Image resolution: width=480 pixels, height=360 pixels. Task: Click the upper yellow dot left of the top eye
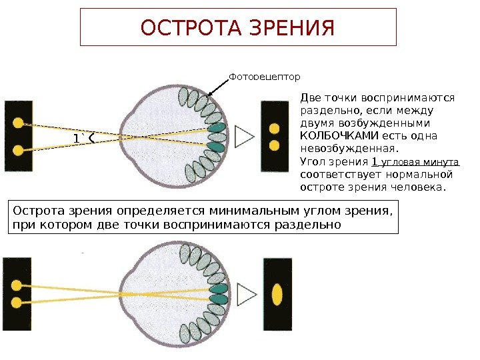(x=19, y=123)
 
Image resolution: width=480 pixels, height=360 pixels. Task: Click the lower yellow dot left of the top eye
(x=19, y=149)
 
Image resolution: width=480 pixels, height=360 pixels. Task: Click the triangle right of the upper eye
(x=245, y=136)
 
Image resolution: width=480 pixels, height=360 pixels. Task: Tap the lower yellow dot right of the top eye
(x=273, y=144)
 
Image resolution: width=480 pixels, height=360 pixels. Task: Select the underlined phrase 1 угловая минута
(x=415, y=162)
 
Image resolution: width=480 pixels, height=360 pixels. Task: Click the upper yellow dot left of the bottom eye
(x=15, y=282)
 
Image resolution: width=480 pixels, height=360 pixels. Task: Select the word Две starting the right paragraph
(x=313, y=98)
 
